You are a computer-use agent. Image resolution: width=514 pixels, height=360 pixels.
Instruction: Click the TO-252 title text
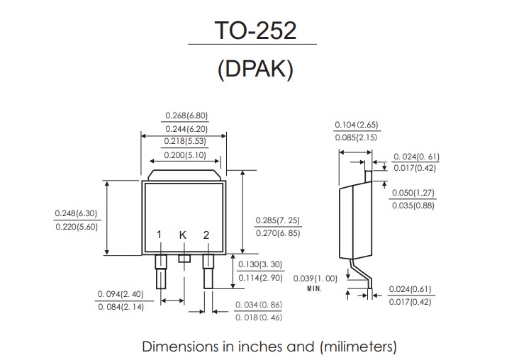point(255,30)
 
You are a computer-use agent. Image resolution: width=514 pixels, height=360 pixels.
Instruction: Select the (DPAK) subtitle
point(255,69)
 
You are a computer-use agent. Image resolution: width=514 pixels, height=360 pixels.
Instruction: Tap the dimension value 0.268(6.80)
point(186,116)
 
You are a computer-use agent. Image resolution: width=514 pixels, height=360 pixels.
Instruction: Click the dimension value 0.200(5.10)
point(185,155)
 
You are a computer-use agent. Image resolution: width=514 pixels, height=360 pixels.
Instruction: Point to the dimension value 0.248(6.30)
point(76,213)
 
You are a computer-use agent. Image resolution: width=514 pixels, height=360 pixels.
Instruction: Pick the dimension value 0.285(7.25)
point(278,220)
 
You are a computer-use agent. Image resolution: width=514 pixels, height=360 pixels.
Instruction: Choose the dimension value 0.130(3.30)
point(260,264)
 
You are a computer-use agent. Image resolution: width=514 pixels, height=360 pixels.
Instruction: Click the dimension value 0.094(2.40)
point(121,294)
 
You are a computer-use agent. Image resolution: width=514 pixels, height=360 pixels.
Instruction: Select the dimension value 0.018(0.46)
point(259,317)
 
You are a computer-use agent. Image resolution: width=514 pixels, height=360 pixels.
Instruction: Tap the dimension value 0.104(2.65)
point(357,125)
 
